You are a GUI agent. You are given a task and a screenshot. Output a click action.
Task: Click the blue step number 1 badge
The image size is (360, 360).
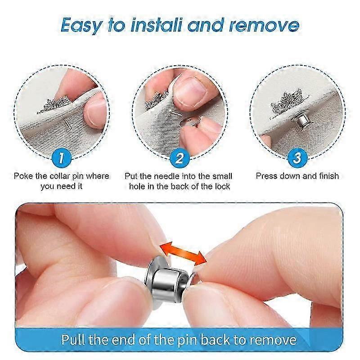pyautogui.click(x=62, y=158)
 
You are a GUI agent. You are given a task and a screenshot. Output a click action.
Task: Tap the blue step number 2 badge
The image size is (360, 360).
pyautogui.click(x=180, y=158)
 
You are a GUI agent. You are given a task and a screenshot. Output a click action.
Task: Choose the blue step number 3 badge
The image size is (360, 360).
pyautogui.click(x=297, y=158)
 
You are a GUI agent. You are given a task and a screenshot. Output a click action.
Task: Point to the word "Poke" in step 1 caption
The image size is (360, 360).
pyautogui.click(x=23, y=176)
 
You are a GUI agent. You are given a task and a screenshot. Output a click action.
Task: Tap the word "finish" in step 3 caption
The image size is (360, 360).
pyautogui.click(x=327, y=176)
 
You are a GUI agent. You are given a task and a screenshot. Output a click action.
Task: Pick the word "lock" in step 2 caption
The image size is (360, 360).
pyautogui.click(x=221, y=186)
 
